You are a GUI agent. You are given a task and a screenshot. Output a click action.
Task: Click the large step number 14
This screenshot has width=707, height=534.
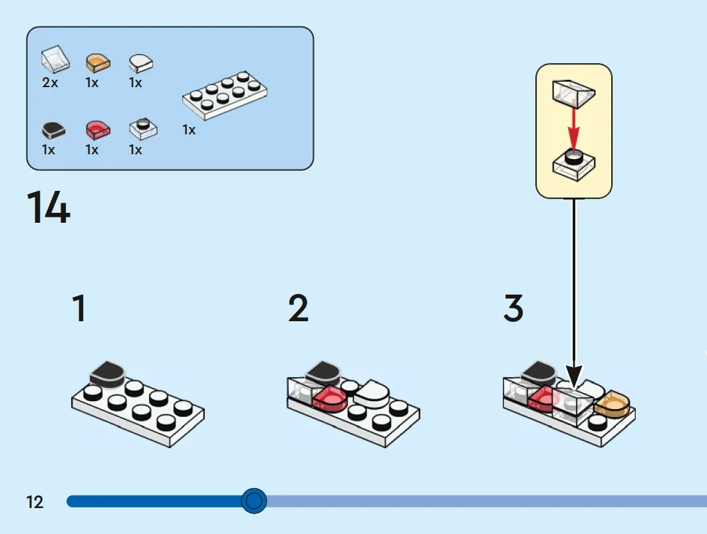pyautogui.click(x=49, y=207)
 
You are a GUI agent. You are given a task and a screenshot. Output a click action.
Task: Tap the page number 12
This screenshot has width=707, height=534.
pyautogui.click(x=35, y=502)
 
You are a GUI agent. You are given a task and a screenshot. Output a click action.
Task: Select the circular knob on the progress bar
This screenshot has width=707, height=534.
pyautogui.click(x=254, y=501)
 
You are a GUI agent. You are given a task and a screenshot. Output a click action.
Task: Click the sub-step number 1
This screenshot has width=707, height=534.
pyautogui.click(x=79, y=309)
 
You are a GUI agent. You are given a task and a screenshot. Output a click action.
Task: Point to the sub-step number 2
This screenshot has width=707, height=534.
pyautogui.click(x=298, y=309)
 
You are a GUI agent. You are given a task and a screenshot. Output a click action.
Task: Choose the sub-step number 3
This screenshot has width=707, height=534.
pyautogui.click(x=513, y=309)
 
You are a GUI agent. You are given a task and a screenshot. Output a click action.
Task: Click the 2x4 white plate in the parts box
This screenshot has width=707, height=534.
pyautogui.click(x=225, y=95)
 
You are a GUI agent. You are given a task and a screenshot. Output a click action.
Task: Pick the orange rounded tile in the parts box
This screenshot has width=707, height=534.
pyautogui.click(x=98, y=63)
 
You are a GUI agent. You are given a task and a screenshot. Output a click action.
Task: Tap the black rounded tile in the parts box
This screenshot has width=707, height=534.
pyautogui.click(x=54, y=130)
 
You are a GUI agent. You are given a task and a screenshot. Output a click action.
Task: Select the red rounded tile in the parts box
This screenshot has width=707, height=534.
pyautogui.click(x=98, y=130)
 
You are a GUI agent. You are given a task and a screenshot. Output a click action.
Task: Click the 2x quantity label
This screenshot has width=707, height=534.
pyautogui.click(x=50, y=83)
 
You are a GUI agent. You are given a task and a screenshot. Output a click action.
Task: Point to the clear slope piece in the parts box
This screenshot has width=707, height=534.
pyautogui.click(x=55, y=59)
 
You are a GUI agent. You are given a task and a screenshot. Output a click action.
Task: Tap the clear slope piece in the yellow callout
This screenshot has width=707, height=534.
pyautogui.click(x=573, y=93)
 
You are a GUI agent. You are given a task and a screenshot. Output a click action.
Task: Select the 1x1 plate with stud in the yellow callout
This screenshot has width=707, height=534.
pyautogui.click(x=573, y=165)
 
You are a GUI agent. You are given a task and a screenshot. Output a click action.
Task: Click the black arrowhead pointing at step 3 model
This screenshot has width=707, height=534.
pyautogui.click(x=574, y=376)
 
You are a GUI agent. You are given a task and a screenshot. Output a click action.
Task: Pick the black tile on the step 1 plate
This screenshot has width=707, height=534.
pyautogui.click(x=107, y=374)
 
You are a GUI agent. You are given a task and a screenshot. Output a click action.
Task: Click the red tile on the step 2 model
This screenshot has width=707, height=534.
pyautogui.click(x=330, y=399)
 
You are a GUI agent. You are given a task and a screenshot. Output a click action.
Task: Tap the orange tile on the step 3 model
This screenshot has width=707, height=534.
pyautogui.click(x=611, y=404)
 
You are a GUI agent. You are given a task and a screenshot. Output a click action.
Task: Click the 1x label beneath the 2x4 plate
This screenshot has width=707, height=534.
pyautogui.click(x=189, y=130)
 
